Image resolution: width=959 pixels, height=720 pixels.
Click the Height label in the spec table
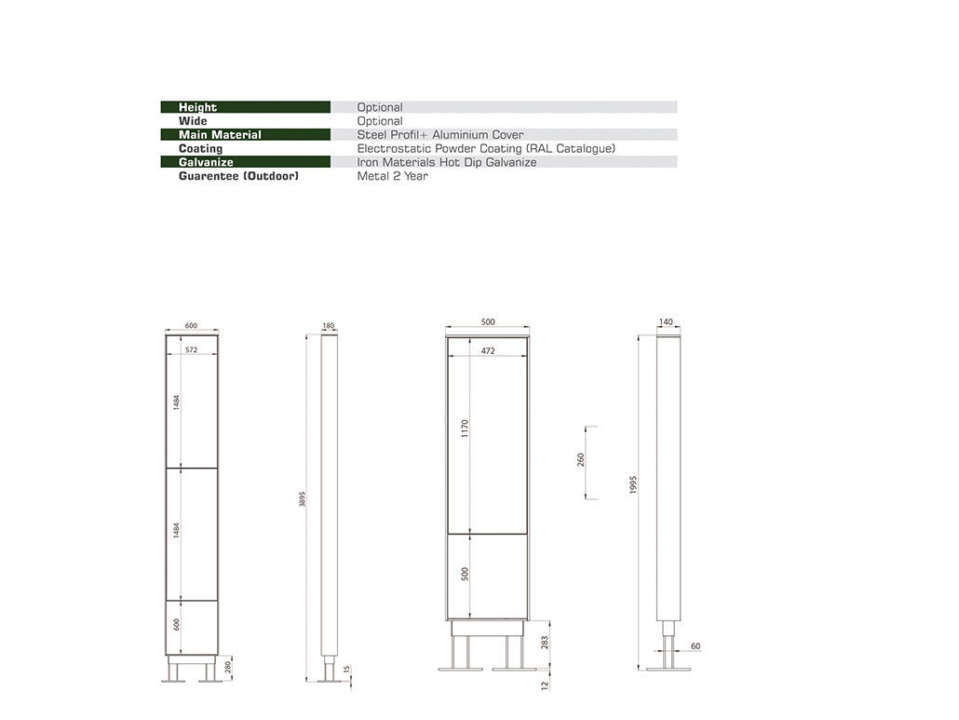pyautogui.click(x=197, y=107)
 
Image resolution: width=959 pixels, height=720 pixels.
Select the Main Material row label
pyautogui.click(x=220, y=135)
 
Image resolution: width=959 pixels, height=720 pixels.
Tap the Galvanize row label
pyautogui.click(x=206, y=162)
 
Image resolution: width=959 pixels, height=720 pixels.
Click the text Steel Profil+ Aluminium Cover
pyautogui.click(x=440, y=135)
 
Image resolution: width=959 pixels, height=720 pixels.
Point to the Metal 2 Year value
pyautogui.click(x=392, y=176)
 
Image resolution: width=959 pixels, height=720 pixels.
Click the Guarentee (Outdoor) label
pyautogui.click(x=238, y=176)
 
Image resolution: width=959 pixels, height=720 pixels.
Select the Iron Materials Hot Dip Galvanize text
pyautogui.click(x=447, y=162)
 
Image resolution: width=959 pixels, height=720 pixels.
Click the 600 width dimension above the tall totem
pyautogui.click(x=191, y=326)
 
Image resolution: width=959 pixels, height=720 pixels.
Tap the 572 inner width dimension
pyautogui.click(x=191, y=350)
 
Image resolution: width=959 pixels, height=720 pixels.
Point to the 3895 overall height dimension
pyautogui.click(x=303, y=499)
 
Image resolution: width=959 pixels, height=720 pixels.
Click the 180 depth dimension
pyautogui.click(x=328, y=326)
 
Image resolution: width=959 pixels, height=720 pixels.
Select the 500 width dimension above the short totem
pyautogui.click(x=488, y=322)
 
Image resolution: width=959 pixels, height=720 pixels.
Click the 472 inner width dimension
pyautogui.click(x=488, y=352)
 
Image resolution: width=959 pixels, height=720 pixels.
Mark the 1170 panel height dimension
pyautogui.click(x=466, y=428)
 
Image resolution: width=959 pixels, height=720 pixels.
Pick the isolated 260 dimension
pyautogui.click(x=582, y=460)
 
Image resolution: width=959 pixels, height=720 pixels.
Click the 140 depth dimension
pyautogui.click(x=665, y=322)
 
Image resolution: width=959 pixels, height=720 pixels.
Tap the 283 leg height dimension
pyautogui.click(x=545, y=643)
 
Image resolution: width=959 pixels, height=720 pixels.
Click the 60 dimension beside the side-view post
pyautogui.click(x=696, y=645)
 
